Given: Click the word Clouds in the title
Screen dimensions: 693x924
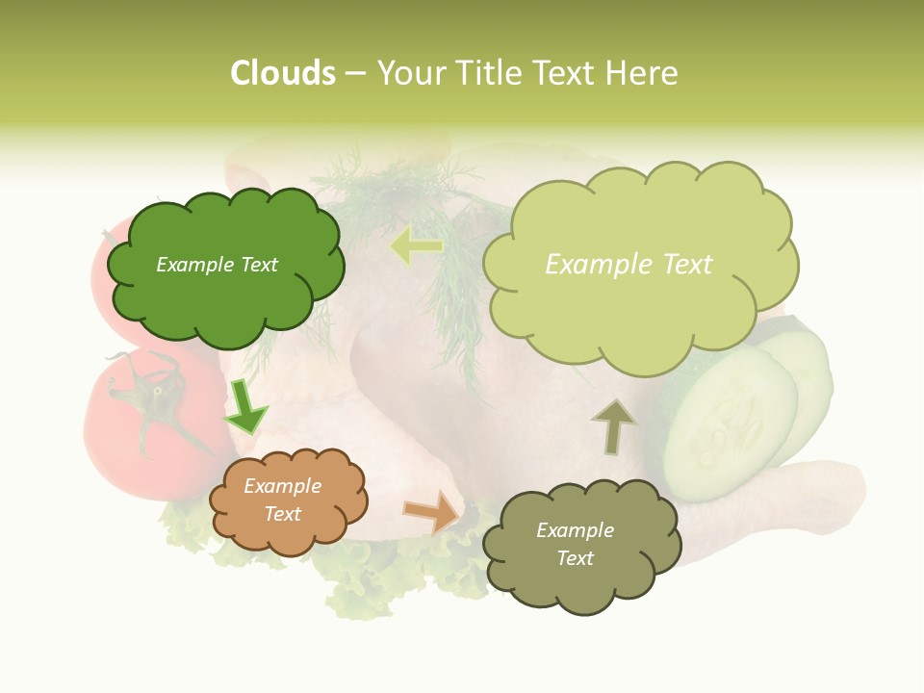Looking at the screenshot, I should coord(282,73).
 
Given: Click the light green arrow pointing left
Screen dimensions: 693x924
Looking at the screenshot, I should coord(417,246).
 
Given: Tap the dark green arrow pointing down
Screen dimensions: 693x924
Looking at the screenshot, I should coord(245,408).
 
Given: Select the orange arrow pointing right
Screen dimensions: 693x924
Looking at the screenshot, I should coord(432,511).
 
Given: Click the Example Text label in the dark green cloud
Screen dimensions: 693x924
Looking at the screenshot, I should coord(217,265).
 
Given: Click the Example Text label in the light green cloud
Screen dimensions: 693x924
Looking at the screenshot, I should coord(629,265).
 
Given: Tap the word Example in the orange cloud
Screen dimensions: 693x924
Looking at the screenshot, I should coord(282,487).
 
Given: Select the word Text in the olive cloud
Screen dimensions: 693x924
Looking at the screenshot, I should coord(575,558).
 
